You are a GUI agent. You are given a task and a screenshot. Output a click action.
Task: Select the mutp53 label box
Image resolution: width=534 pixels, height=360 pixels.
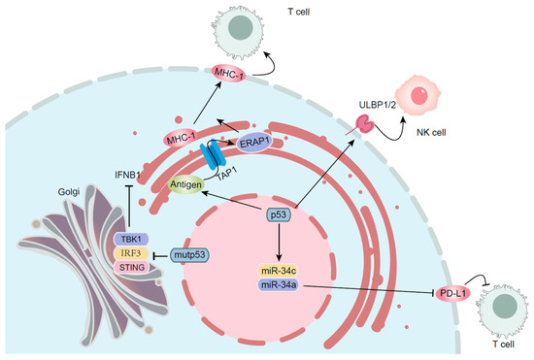point(193,255)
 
